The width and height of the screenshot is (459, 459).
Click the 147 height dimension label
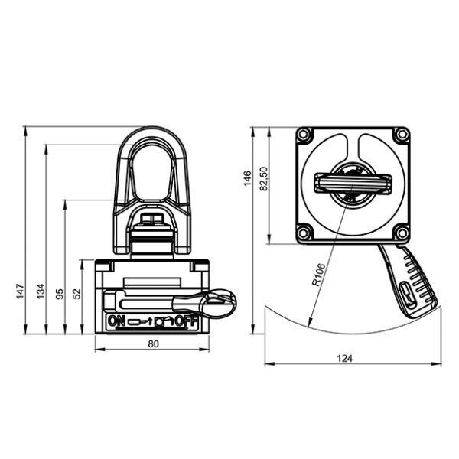tap(20, 291)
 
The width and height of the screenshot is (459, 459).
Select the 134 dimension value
tap(41, 291)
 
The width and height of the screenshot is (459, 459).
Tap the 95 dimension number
tap(60, 294)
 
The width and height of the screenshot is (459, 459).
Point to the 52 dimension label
tap(76, 294)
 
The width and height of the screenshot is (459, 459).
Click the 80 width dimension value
tap(153, 343)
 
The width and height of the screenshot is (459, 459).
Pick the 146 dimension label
tap(247, 178)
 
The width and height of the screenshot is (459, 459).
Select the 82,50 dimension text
tap(264, 178)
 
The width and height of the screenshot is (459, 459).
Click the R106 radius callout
tap(319, 275)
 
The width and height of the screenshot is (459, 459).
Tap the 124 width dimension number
tap(344, 358)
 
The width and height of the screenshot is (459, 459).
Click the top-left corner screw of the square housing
tap(304, 135)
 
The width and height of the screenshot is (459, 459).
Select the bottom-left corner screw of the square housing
tap(304, 233)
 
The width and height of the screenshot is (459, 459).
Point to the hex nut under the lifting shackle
tap(152, 220)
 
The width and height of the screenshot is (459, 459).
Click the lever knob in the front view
tap(219, 304)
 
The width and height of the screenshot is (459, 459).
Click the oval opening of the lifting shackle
tap(151, 173)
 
